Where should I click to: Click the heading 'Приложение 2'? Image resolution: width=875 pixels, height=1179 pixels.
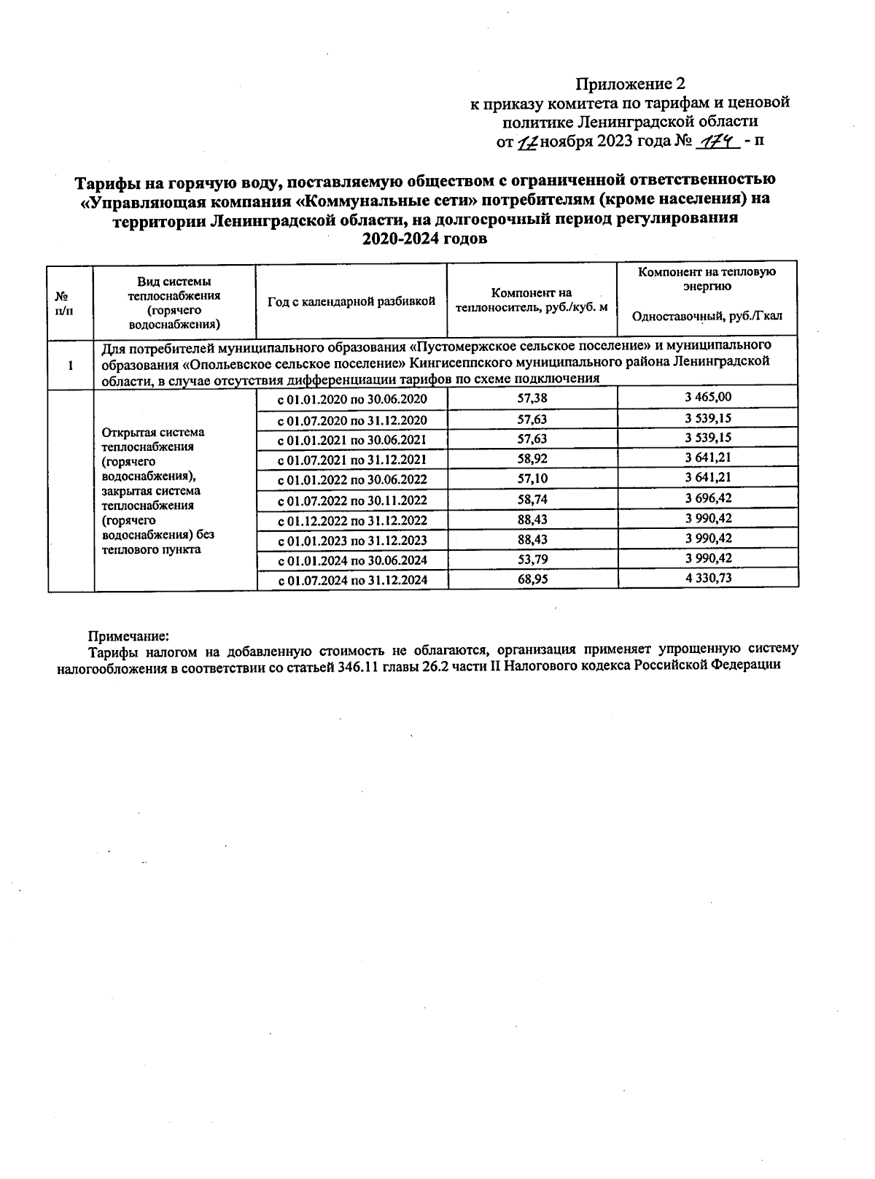(630, 83)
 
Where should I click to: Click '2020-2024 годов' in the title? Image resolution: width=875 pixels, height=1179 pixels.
(426, 239)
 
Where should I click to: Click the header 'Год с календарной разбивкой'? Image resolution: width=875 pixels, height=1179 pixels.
(351, 301)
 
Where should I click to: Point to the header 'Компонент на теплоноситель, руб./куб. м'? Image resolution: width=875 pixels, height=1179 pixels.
(532, 301)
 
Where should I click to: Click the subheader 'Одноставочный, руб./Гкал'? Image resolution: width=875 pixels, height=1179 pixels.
(707, 316)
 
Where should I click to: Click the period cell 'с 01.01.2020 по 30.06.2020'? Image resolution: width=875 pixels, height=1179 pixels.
(352, 399)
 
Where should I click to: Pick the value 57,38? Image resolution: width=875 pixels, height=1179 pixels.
(532, 398)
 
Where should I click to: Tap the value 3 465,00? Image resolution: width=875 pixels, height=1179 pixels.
(707, 397)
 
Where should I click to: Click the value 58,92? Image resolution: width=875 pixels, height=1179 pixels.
(532, 458)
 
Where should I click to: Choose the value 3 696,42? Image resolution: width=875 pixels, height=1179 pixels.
(707, 498)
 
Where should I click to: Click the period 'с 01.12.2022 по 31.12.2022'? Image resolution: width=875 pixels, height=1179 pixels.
(352, 520)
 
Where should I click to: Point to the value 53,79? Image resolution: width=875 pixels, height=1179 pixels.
(532, 559)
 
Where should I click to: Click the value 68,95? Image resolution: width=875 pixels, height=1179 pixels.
(532, 579)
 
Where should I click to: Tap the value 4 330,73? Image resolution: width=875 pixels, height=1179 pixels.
(707, 578)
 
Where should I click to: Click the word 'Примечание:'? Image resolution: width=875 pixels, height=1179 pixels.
(128, 635)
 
